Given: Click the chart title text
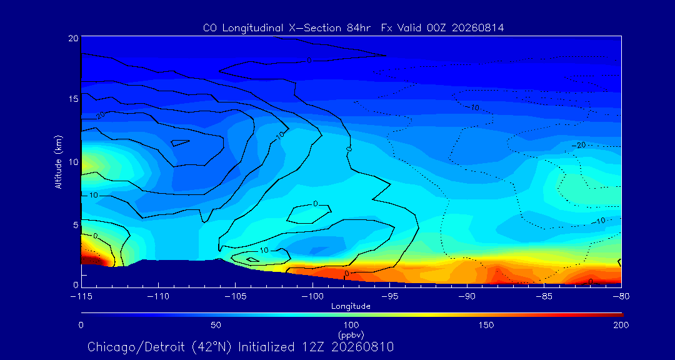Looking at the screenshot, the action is coord(353,28).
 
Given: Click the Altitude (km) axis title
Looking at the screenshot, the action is coord(59,162).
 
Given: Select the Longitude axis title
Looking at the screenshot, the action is coord(351,307).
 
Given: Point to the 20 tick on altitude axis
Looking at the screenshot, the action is coord(73,37).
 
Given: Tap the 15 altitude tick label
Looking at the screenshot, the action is coord(73,99).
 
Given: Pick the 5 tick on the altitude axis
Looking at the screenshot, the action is coord(76,225).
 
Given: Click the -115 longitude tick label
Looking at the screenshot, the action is coord(81,297).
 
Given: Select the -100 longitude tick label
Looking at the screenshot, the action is coord(312,297).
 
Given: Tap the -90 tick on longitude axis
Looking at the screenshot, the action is coord(467,297).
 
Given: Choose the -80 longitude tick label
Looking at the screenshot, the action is coord(621,297).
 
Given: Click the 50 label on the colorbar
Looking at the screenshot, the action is coord(216,325).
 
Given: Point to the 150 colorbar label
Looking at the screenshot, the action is coord(486,325).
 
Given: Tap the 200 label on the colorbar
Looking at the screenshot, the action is coord(621,325).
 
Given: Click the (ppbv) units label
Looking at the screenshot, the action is coord(351,334).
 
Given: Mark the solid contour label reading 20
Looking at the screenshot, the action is coord(100,116).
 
